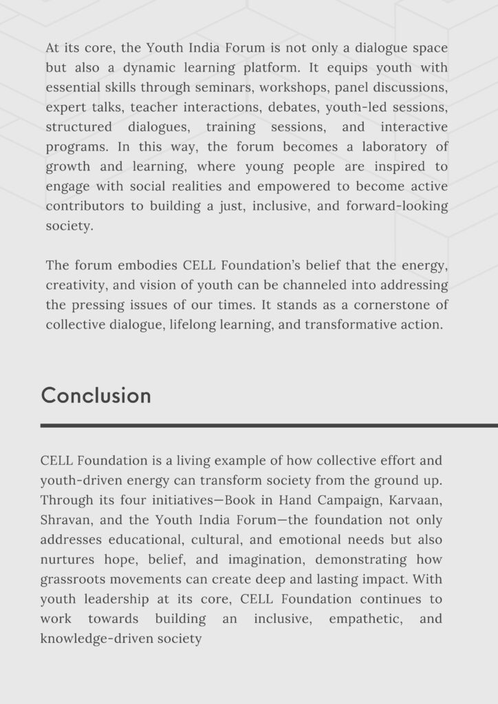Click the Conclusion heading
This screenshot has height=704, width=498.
[x=96, y=395]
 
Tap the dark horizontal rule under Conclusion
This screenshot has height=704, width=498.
[x=269, y=426]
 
